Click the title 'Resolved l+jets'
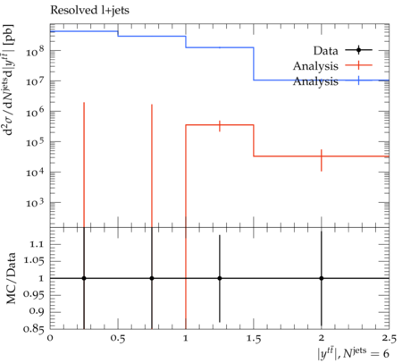89,11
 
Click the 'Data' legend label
325,51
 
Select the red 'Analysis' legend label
315,66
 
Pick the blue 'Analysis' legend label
315,81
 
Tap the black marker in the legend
358,50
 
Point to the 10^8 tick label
36,51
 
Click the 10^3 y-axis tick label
36,203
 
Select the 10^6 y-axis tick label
36,112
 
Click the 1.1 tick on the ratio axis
37,244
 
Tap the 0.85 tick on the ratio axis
34,329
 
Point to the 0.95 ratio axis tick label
34,295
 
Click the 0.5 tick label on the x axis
118,338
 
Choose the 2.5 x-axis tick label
389,338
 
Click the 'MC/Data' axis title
11,278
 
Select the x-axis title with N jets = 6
353,353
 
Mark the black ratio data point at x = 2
322,278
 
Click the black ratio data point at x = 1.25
220,278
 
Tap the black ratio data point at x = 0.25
84,278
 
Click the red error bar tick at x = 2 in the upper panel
322,160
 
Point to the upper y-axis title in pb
10,80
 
